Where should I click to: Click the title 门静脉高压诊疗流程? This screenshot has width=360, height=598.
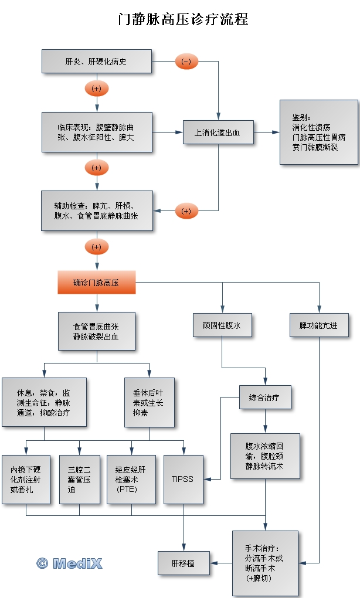(x=183, y=19)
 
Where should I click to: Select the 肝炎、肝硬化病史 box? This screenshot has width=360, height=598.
(x=97, y=62)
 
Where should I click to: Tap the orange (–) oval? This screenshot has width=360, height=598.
(x=186, y=62)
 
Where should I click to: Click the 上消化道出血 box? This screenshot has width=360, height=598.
(x=218, y=132)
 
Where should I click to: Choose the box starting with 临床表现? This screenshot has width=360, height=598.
(x=97, y=132)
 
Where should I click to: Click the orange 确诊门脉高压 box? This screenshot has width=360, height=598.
(x=97, y=282)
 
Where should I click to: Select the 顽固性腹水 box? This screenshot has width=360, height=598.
(x=222, y=325)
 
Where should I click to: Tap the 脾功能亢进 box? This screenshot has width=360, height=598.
(x=320, y=325)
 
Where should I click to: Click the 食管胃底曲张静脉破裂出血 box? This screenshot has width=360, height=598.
(x=97, y=331)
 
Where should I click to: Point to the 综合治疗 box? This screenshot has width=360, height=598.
(x=266, y=397)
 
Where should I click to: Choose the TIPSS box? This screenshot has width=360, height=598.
(x=183, y=479)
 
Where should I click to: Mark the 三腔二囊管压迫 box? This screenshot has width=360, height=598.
(x=80, y=479)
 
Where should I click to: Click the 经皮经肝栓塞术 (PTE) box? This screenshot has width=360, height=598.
(x=131, y=479)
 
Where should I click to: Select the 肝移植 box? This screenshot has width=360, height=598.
(x=184, y=563)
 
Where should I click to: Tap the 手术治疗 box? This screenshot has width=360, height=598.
(x=265, y=563)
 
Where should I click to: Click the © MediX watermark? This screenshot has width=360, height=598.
(x=70, y=563)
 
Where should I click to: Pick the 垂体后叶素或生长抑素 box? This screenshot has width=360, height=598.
(x=149, y=402)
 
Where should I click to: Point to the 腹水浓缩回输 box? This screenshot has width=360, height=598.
(x=265, y=456)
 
